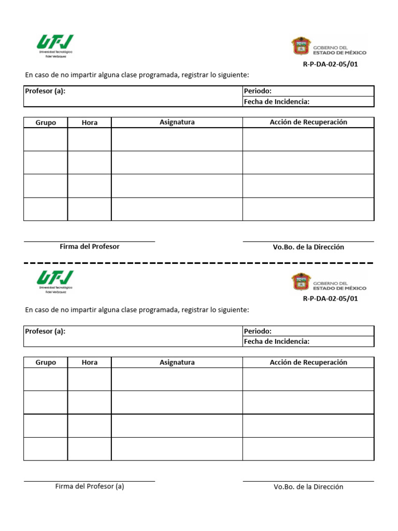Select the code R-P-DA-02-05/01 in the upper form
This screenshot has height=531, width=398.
click(330, 65)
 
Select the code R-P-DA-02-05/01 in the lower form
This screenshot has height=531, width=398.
click(330, 299)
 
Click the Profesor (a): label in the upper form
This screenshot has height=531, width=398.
click(45, 91)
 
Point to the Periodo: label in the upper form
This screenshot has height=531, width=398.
click(258, 91)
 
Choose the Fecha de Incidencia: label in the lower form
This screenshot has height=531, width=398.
click(277, 341)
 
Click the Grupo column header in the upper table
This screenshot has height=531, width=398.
click(46, 122)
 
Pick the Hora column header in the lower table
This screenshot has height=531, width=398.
click(89, 362)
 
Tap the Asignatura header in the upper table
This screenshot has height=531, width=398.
click(177, 122)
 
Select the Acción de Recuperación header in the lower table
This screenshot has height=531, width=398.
click(308, 362)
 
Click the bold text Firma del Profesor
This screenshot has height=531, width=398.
click(89, 247)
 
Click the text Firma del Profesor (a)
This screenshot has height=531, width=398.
click(89, 486)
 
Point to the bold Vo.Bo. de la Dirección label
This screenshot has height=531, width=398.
click(308, 247)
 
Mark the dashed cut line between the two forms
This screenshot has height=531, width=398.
click(199, 263)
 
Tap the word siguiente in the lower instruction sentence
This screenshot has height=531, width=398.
click(233, 310)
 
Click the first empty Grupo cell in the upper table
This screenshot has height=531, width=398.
click(46, 139)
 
